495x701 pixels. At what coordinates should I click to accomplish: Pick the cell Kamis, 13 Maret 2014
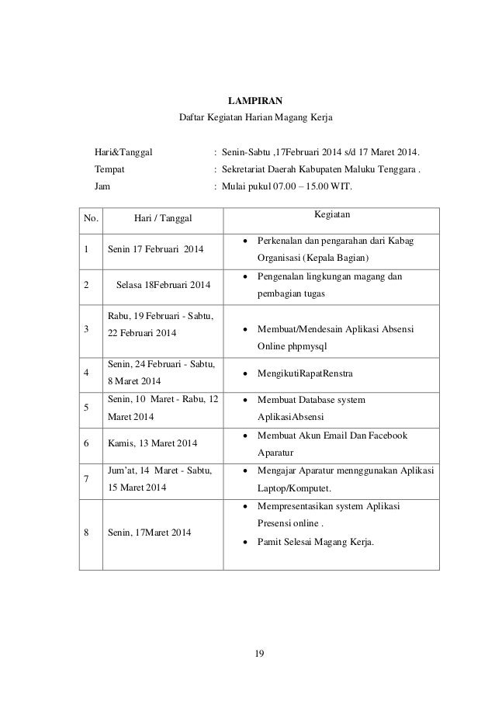152,443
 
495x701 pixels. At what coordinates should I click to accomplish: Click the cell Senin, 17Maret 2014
148,533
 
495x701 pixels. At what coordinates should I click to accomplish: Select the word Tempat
109,168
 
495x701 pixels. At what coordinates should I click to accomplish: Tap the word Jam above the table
102,186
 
